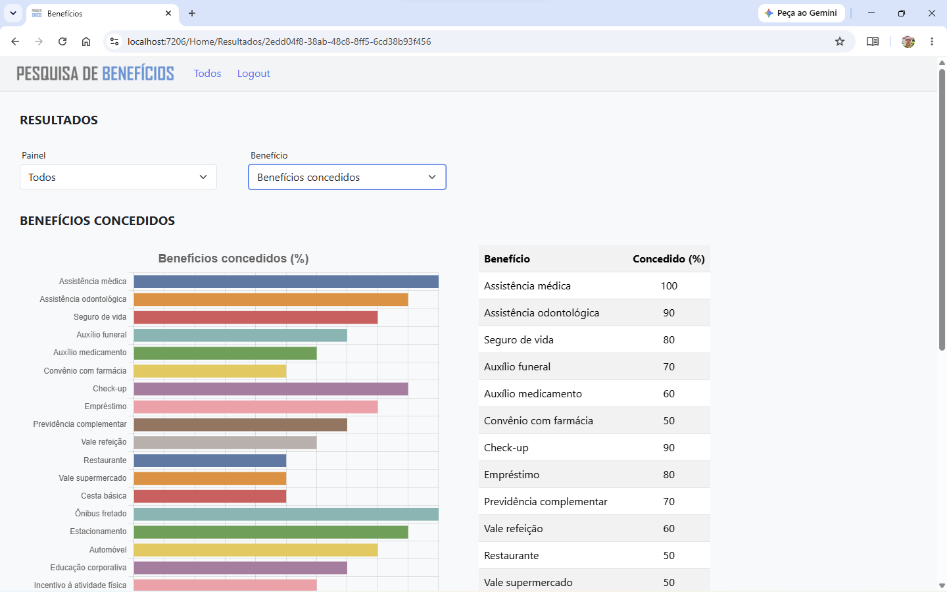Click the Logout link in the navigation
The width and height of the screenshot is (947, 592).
[253, 74]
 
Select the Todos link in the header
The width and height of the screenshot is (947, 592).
[207, 74]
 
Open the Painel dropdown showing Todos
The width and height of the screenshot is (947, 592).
[118, 177]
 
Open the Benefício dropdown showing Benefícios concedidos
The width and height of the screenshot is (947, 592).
[347, 177]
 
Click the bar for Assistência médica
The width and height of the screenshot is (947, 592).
[286, 282]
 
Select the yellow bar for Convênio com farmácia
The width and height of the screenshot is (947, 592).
[210, 371]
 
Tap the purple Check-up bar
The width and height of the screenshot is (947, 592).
[271, 389]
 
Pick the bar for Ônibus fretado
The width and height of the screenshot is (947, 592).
[286, 514]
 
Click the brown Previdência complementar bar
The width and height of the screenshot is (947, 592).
[241, 424]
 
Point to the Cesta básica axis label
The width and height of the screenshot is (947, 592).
[104, 495]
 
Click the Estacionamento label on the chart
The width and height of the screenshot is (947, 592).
[98, 531]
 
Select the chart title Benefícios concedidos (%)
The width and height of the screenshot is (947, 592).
[233, 259]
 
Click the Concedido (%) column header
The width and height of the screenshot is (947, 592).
[669, 259]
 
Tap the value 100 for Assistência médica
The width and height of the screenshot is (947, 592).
[669, 286]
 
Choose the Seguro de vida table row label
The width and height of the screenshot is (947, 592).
[519, 340]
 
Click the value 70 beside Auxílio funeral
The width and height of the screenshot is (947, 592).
[669, 366]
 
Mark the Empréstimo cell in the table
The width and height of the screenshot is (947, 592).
[512, 475]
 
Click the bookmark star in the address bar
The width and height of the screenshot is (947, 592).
[840, 41]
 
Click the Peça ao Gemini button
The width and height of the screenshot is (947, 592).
[801, 13]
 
